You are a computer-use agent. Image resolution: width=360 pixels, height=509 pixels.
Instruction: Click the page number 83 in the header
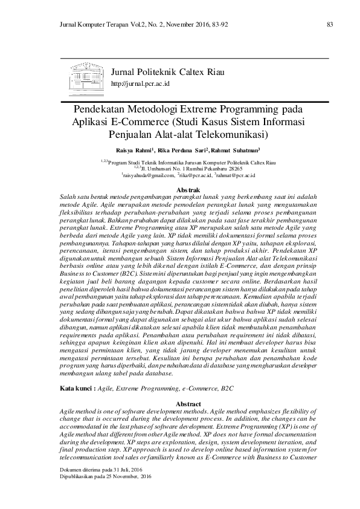(329, 24)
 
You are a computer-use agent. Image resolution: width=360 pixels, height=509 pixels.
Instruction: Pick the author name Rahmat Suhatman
(236, 149)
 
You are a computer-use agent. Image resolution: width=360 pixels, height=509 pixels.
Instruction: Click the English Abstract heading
(179, 403)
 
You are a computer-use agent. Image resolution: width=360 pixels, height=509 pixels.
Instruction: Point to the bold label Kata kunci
(75, 386)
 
